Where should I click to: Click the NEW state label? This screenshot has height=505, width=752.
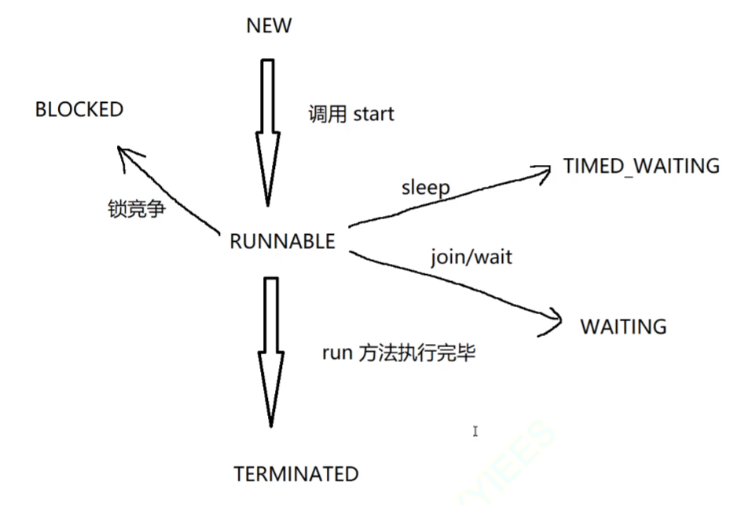(269, 25)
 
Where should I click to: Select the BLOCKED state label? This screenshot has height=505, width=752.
(79, 109)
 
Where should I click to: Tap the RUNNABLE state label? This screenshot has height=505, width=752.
(282, 241)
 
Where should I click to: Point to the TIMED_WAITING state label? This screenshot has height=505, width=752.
(641, 166)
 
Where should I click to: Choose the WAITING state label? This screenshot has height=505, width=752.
(623, 326)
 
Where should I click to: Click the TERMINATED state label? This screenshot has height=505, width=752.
(295, 474)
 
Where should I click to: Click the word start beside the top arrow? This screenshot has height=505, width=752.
(373, 115)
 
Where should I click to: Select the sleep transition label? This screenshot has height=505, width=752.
(425, 188)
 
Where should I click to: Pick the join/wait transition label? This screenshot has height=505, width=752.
(471, 257)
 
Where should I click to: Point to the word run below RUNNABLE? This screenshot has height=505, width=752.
(336, 353)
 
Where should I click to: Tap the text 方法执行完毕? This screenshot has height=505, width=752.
(417, 353)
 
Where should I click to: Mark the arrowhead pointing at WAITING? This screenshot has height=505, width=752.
(554, 321)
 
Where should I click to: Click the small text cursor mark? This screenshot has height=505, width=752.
(475, 431)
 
